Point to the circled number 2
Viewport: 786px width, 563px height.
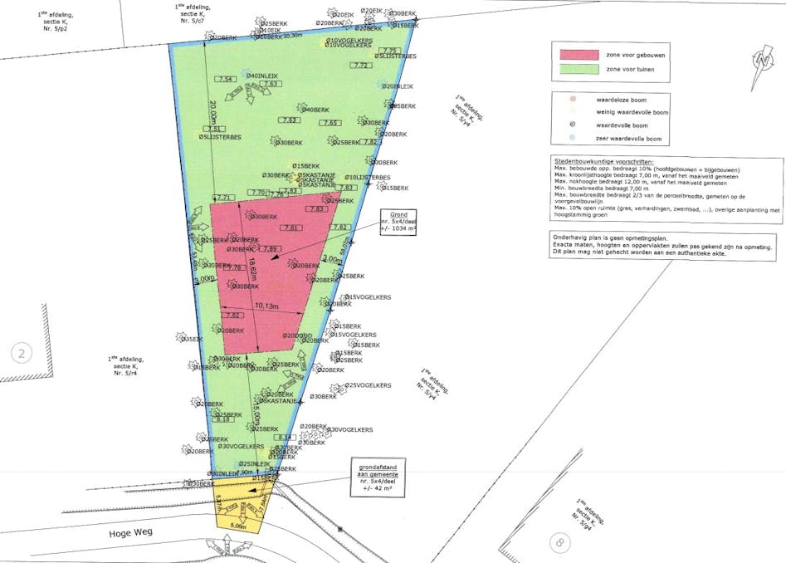22,354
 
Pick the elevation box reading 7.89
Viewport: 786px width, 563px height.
271,248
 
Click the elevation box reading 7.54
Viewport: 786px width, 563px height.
224,79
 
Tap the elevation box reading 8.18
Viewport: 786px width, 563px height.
223,419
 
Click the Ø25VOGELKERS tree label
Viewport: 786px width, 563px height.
368,385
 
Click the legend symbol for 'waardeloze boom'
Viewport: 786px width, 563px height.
569,99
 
